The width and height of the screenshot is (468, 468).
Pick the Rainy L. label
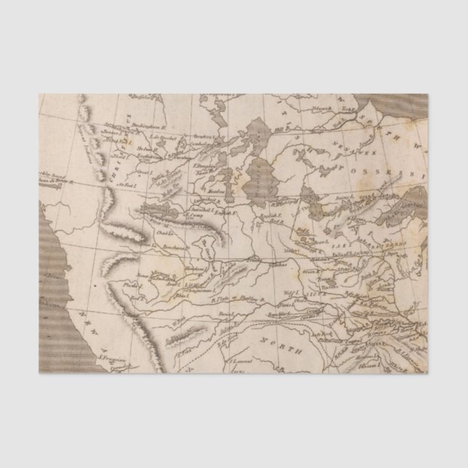(x=345, y=198)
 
